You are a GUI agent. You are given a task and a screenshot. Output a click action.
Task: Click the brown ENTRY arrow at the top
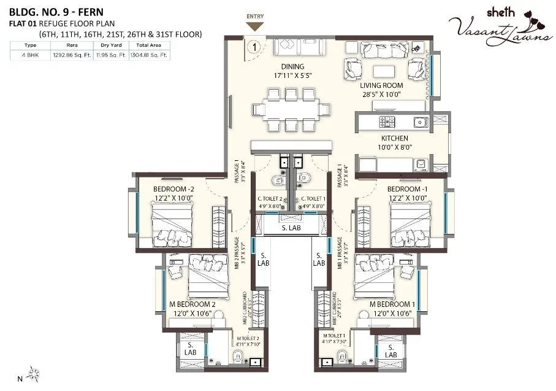[254, 26]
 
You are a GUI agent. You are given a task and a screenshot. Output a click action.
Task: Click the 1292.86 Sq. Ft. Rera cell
[67, 55]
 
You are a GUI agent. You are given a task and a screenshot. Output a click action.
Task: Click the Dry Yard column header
[113, 45]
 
